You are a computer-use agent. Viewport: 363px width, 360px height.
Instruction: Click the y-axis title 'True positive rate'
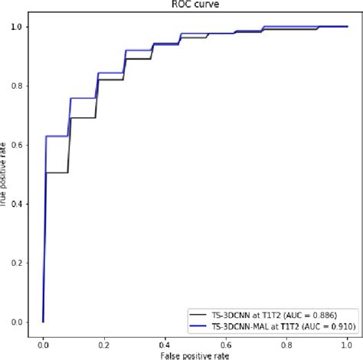[x=5, y=175]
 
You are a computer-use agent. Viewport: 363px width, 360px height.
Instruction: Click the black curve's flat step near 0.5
[x=57, y=172]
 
